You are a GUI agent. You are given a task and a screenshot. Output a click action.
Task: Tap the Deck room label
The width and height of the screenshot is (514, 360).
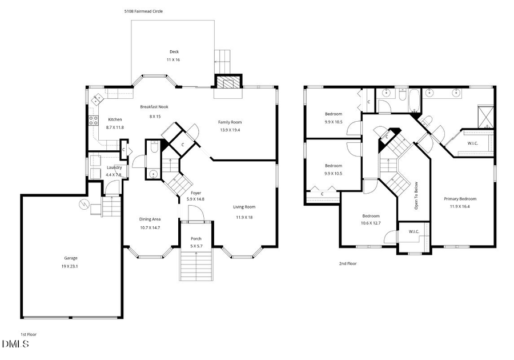point(174,52)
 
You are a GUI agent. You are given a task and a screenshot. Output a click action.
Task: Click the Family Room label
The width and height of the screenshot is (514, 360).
point(230,122)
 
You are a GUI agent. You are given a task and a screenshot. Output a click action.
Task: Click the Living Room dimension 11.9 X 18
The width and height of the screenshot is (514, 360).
point(244,217)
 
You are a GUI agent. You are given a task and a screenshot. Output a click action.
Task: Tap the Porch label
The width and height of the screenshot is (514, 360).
point(196,238)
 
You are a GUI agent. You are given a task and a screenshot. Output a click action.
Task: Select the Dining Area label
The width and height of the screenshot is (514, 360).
point(150,219)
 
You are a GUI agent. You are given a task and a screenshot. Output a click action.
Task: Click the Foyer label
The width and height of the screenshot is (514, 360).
point(196,193)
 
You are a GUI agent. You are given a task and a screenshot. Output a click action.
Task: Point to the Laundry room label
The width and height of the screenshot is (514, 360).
point(114,167)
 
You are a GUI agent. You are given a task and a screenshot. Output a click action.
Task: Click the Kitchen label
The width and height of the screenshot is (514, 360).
point(115,119)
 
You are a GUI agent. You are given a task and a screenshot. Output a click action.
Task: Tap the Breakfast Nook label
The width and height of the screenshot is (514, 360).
point(155,107)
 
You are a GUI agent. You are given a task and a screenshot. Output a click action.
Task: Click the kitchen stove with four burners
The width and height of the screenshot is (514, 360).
point(92,121)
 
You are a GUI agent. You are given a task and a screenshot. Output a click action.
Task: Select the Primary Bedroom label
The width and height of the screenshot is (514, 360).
point(460,199)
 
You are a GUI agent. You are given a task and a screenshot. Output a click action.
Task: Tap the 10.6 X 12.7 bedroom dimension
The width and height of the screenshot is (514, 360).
point(371,223)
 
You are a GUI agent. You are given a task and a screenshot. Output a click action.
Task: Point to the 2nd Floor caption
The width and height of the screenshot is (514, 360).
point(348,263)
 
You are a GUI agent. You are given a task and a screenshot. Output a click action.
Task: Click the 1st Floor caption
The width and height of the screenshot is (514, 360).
point(29,334)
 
